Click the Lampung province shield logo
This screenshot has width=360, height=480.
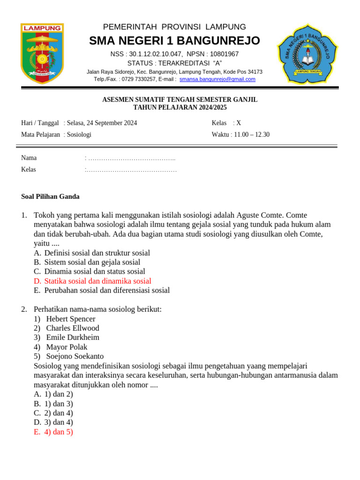click(x=42, y=54)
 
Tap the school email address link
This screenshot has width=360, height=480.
click(x=217, y=79)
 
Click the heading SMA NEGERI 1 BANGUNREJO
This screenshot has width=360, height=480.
click(x=174, y=41)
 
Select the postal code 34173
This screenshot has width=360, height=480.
click(x=254, y=72)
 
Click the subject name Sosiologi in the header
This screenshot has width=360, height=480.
click(x=79, y=135)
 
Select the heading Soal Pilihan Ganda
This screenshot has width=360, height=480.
click(x=51, y=196)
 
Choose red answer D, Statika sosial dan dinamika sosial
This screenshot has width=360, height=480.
click(x=97, y=281)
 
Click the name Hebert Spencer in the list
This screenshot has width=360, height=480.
click(x=71, y=319)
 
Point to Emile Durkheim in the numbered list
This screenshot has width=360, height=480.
click(x=73, y=337)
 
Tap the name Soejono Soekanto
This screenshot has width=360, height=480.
click(x=75, y=356)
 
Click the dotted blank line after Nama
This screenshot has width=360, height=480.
click(x=131, y=158)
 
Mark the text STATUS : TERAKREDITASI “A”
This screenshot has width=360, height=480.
click(x=174, y=63)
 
